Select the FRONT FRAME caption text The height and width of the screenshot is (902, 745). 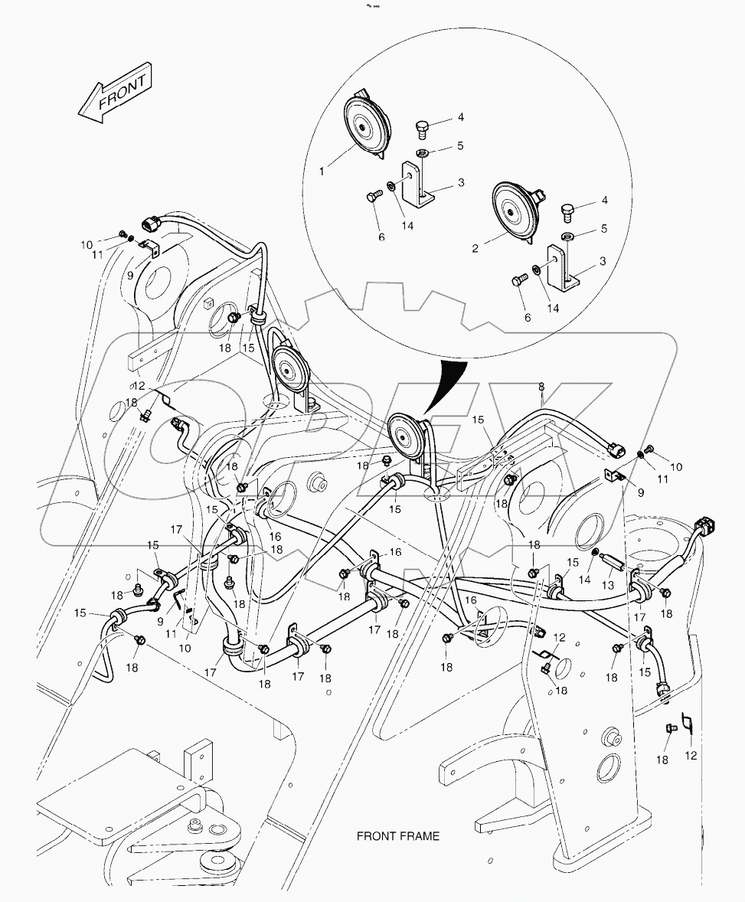(x=398, y=836)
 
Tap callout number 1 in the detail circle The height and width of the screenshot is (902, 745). (x=322, y=172)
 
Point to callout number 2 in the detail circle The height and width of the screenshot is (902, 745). (x=475, y=248)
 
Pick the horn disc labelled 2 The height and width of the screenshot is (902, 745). (x=515, y=211)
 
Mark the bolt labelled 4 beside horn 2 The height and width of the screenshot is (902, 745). (x=567, y=210)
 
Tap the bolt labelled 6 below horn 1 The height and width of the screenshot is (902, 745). (x=373, y=198)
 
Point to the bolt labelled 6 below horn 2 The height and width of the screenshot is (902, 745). (x=517, y=282)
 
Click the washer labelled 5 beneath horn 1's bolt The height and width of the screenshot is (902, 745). (x=422, y=154)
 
